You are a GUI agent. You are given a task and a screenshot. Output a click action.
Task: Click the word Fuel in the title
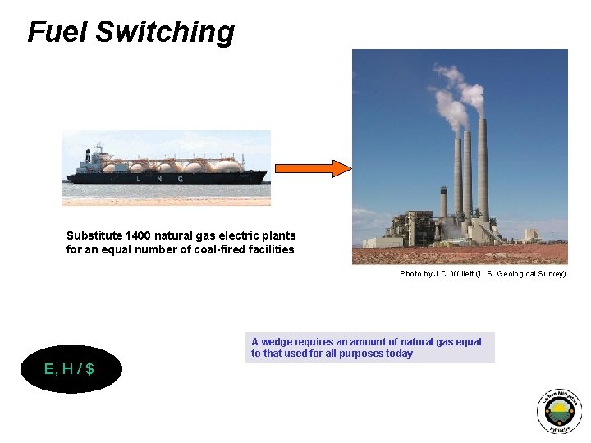(57, 32)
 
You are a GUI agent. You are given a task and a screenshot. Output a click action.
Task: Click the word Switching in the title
(165, 32)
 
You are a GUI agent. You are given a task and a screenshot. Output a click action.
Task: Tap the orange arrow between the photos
(313, 168)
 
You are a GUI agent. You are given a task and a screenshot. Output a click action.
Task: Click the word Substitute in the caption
(92, 235)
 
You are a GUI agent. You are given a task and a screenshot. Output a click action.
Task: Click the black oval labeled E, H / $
(71, 369)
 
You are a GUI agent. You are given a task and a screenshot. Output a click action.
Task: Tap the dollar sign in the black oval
(89, 369)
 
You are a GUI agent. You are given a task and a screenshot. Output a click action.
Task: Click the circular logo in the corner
(559, 411)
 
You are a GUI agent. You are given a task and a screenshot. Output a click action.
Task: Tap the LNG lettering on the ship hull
(167, 177)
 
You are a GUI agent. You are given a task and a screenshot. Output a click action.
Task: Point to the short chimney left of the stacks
(444, 205)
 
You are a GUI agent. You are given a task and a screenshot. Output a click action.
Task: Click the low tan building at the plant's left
(383, 242)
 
